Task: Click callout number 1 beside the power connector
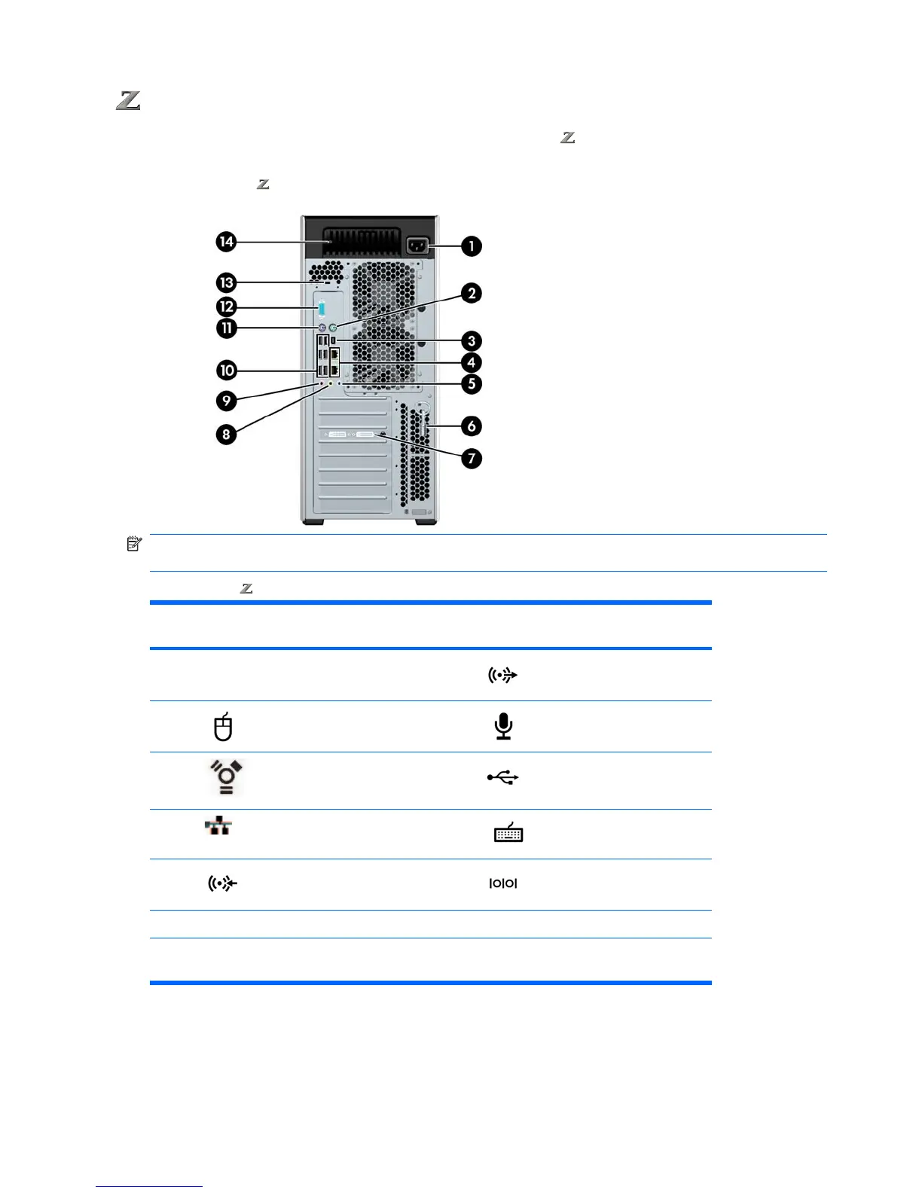pyautogui.click(x=472, y=246)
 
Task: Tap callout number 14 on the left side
pyautogui.click(x=226, y=242)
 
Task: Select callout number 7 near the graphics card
pyautogui.click(x=472, y=458)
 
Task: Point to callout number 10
pyautogui.click(x=227, y=370)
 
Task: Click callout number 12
pyautogui.click(x=226, y=307)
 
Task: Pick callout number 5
pyautogui.click(x=472, y=383)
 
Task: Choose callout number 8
pyautogui.click(x=226, y=434)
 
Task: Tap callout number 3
pyautogui.click(x=472, y=340)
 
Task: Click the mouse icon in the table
pyautogui.click(x=223, y=727)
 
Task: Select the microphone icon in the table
pyautogui.click(x=503, y=726)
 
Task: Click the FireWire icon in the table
pyautogui.click(x=226, y=777)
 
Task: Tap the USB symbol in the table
pyautogui.click(x=503, y=777)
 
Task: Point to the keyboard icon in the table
pyautogui.click(x=508, y=832)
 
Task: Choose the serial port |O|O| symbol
pyautogui.click(x=503, y=883)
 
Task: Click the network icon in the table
pyautogui.click(x=218, y=826)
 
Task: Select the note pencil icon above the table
pyautogui.click(x=134, y=544)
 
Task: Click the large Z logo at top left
pyautogui.click(x=129, y=100)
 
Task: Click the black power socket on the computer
pyautogui.click(x=417, y=246)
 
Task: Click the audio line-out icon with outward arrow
pyautogui.click(x=502, y=676)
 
